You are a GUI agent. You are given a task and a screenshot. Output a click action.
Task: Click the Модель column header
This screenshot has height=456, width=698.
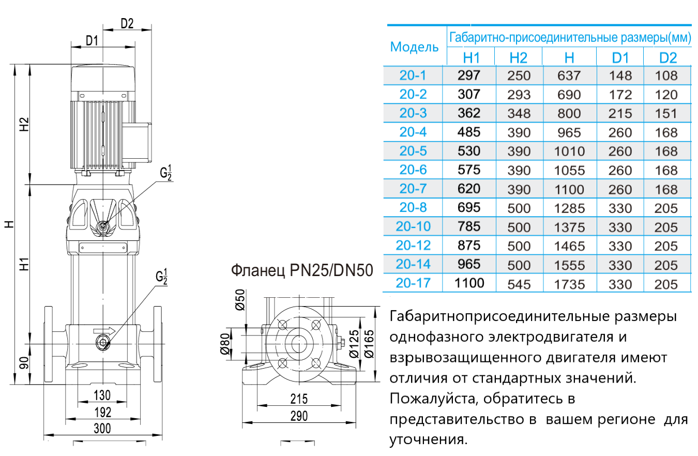414,47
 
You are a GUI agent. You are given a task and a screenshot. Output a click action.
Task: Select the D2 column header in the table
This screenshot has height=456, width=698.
667,57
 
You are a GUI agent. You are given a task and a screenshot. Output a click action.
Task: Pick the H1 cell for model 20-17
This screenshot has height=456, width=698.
469,283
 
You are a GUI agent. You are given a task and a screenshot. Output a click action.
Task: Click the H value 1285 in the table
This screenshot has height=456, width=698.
569,208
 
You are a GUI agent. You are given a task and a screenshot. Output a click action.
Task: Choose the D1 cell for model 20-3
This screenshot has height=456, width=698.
620,113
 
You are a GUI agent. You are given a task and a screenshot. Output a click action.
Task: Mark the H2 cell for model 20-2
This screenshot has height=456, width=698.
519,95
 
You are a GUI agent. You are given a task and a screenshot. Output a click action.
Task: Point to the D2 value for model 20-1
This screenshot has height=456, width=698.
665,75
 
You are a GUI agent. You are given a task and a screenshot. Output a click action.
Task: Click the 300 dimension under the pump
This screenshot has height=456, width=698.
102,428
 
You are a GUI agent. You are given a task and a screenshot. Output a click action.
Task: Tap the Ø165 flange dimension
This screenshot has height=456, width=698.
368,344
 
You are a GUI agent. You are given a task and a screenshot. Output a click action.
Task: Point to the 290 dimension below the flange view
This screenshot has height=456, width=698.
299,416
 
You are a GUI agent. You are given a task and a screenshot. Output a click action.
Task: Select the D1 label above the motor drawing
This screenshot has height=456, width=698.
92,41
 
